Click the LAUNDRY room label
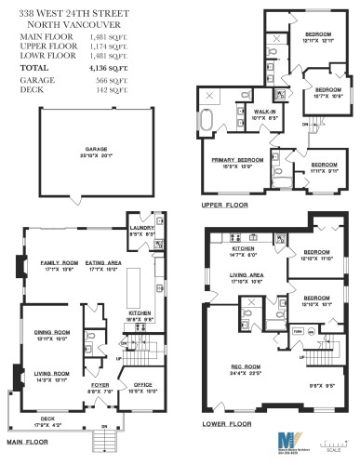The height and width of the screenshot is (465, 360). click(x=141, y=226)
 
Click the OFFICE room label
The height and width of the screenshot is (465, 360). click(x=142, y=383)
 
